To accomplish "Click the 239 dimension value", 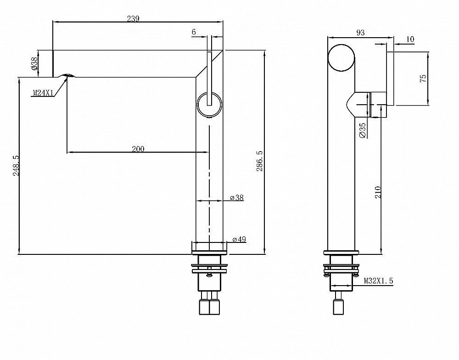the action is pos(133,19).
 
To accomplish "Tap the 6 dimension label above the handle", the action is pos(194,32).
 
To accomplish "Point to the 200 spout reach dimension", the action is pos(138,149).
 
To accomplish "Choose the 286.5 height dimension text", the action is pos(260,161).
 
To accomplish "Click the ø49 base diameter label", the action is pos(239,239).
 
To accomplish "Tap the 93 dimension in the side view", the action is pos(360,32).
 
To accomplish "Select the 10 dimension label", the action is pos(410,39).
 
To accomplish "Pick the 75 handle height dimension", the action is pos(423,78).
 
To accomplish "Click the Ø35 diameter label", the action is pos(362,130).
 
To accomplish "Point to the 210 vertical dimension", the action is pos(378,192).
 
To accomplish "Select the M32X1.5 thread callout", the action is pos(379,281).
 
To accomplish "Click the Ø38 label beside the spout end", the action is pos(34,63).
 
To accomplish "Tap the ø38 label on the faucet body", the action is pos(237,198).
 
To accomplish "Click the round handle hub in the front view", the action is pos(209,105).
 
